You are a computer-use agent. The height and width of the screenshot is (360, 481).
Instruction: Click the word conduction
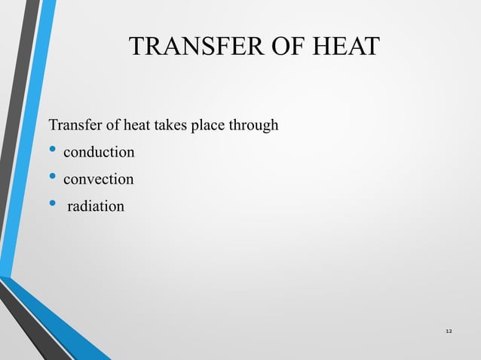(x=99, y=153)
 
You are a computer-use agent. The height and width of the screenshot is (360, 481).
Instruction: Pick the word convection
(x=99, y=180)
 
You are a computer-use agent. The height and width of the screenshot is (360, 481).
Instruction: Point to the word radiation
(x=97, y=206)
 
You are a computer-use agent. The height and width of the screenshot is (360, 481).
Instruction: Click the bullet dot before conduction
(x=52, y=151)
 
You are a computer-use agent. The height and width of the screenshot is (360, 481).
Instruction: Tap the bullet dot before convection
(x=52, y=178)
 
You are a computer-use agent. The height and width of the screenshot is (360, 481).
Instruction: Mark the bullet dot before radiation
(x=52, y=205)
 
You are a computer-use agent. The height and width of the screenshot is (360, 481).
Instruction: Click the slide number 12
(x=449, y=331)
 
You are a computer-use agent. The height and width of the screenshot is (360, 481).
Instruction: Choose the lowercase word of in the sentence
(x=108, y=124)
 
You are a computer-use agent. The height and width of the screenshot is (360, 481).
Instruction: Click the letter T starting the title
(x=136, y=47)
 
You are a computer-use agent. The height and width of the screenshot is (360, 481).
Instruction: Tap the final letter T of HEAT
(x=370, y=47)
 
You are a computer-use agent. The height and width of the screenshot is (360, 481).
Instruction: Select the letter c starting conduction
(x=66, y=154)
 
